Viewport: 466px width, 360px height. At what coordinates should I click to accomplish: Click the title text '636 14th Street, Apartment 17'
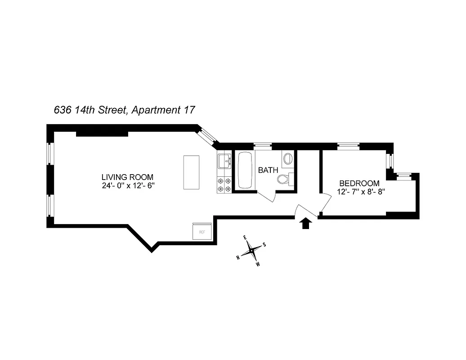pyautogui.click(x=124, y=110)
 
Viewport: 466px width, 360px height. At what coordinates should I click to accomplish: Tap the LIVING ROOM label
pyautogui.click(x=127, y=177)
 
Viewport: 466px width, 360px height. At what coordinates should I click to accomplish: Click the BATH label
pyautogui.click(x=268, y=171)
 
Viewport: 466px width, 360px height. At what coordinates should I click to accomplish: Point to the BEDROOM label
pyautogui.click(x=359, y=183)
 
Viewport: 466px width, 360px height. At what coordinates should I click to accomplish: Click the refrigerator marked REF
pyautogui.click(x=202, y=232)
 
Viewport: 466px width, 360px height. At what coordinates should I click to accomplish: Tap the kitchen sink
pyautogui.click(x=224, y=160)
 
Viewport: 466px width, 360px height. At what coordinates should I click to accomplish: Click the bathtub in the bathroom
pyautogui.click(x=246, y=171)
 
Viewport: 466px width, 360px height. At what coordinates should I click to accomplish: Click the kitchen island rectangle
pyautogui.click(x=191, y=172)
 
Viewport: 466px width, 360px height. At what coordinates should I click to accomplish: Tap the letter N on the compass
pyautogui.click(x=238, y=257)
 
